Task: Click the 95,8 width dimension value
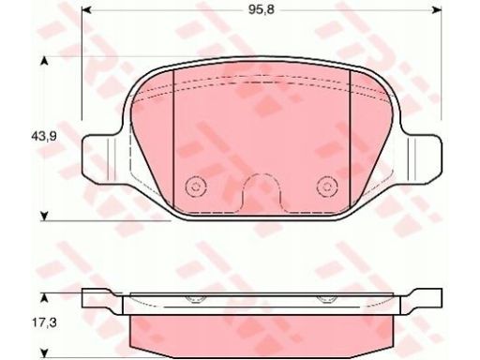tap(262, 10)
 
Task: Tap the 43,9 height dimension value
tap(44, 136)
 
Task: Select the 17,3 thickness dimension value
tap(44, 322)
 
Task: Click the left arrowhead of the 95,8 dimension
tap(86, 10)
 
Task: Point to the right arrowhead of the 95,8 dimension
tap(437, 10)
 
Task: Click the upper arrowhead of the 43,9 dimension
tap(45, 61)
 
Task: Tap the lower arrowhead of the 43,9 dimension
tap(45, 216)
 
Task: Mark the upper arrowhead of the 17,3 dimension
tap(45, 297)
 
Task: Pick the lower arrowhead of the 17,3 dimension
tap(45, 352)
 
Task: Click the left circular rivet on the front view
tap(196, 187)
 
